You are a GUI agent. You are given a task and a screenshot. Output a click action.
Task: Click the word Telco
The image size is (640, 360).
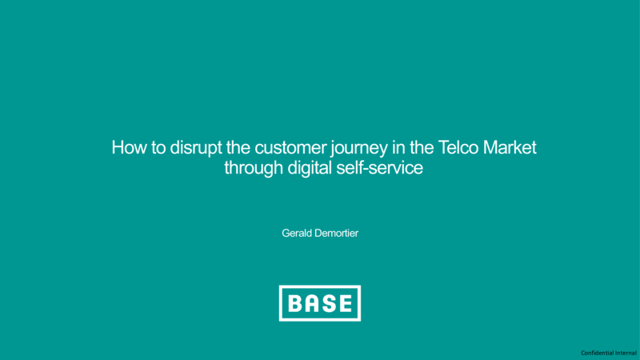[458, 147]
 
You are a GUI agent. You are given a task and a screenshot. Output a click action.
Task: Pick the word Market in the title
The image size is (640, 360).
[510, 147]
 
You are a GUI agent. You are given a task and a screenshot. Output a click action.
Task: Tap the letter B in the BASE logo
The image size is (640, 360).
[297, 303]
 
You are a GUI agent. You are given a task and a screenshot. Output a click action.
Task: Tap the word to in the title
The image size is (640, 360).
[158, 148]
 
